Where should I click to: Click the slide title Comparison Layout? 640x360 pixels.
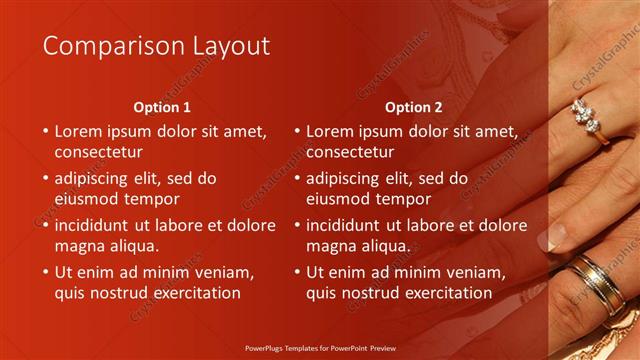[157, 46]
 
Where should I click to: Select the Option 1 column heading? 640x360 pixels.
[161, 107]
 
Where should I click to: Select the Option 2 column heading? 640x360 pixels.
[413, 107]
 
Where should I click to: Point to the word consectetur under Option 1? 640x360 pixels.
[98, 152]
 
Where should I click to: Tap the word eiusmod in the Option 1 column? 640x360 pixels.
[86, 199]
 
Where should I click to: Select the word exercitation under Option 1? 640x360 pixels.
[194, 293]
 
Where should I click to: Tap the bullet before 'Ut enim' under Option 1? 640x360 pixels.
[44, 272]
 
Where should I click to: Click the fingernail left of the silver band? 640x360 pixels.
[552, 239]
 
